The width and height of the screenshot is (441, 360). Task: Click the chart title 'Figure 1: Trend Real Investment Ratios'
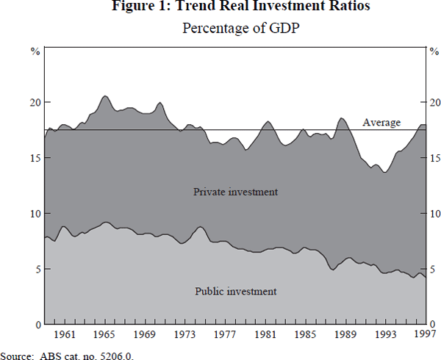pos(235,9)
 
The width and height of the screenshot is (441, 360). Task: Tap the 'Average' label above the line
pos(381,123)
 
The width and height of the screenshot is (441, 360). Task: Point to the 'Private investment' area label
pos(235,192)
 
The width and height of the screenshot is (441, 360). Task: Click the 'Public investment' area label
pos(235,291)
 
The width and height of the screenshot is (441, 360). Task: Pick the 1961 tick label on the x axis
pos(65,334)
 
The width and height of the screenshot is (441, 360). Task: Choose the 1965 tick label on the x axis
pos(106,334)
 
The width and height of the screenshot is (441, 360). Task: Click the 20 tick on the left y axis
pos(34,102)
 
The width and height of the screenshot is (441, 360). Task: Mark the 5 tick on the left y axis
pos(37,269)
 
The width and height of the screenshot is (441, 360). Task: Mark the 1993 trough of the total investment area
pos(384,172)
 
